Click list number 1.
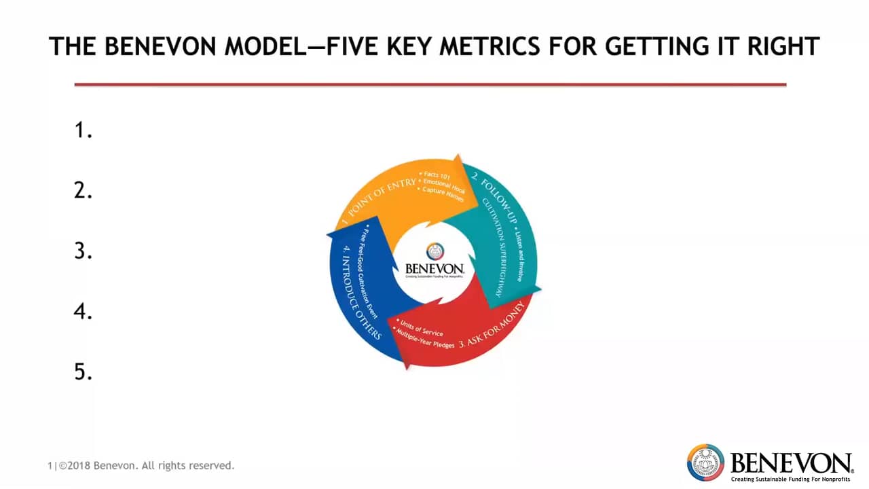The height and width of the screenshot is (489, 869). (x=83, y=130)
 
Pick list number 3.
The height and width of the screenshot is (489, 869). (x=83, y=251)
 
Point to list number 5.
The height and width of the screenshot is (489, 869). (x=83, y=372)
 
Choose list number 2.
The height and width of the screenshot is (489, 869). (x=83, y=191)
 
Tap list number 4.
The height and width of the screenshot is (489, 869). (x=83, y=312)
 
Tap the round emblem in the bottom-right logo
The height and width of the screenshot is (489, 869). (x=705, y=463)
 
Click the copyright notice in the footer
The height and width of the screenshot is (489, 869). (x=141, y=466)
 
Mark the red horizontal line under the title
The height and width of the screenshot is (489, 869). (x=430, y=85)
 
